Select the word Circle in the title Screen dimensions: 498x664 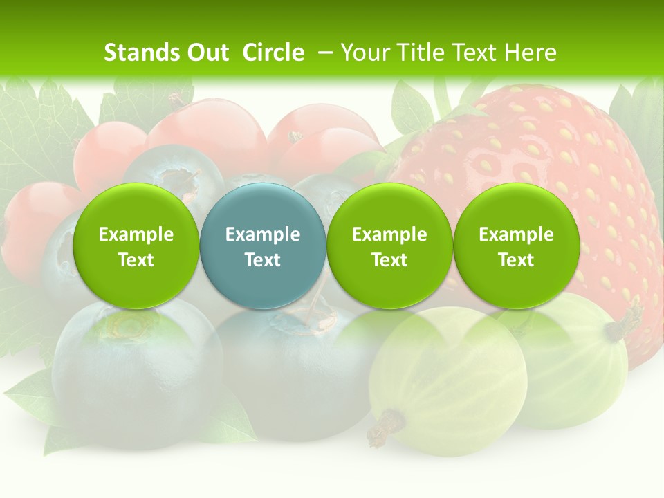coord(273,53)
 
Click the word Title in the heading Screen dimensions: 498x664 coord(423,53)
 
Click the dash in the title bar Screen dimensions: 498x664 coord(324,53)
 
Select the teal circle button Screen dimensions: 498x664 coord(263,246)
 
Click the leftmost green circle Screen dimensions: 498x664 coord(136,246)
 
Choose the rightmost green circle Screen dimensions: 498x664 coord(516,246)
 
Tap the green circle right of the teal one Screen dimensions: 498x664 coord(389,246)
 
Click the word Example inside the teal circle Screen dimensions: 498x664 coord(263,234)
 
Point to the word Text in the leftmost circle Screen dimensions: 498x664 coord(136,260)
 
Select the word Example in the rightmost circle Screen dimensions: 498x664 coord(516,234)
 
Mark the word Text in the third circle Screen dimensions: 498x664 coord(389,260)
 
